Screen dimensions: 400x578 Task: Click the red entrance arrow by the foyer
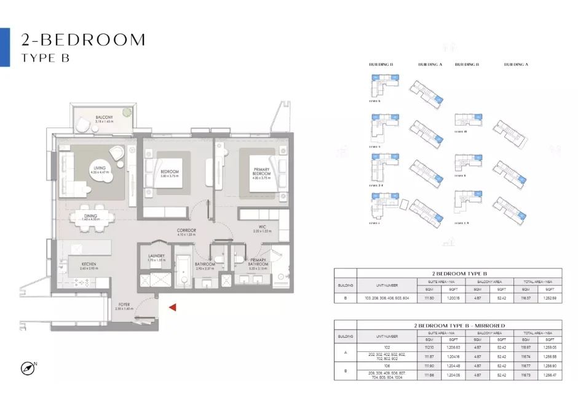click(x=173, y=307)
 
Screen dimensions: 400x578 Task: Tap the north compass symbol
click(x=27, y=368)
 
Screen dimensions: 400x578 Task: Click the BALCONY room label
click(x=103, y=118)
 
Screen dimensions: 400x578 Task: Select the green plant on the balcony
click(x=126, y=113)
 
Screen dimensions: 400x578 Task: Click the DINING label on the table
click(x=91, y=215)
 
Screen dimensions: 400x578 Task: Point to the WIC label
click(x=263, y=227)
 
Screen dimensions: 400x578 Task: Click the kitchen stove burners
click(x=81, y=282)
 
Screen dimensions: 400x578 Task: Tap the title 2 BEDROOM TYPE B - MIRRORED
click(x=459, y=325)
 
